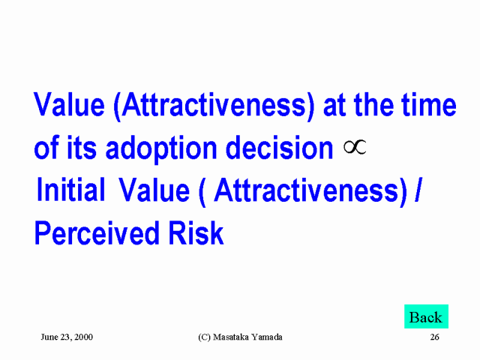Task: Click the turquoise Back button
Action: coord(426,316)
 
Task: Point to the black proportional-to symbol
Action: coord(355,147)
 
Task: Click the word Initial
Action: coord(70,190)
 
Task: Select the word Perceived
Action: coord(97,233)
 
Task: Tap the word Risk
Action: coord(196,233)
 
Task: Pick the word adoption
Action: coord(161,148)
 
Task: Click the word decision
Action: coord(279,148)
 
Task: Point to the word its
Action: coord(82,148)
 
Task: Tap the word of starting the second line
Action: coord(46,148)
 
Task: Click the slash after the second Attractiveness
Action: coord(418,190)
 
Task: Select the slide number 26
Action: coord(435,337)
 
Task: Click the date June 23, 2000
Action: coord(67,337)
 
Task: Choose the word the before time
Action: coord(373,104)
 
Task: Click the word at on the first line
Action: coord(334,106)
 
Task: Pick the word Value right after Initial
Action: coord(154,190)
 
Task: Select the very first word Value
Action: coord(69,104)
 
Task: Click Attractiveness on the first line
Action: coord(214,105)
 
